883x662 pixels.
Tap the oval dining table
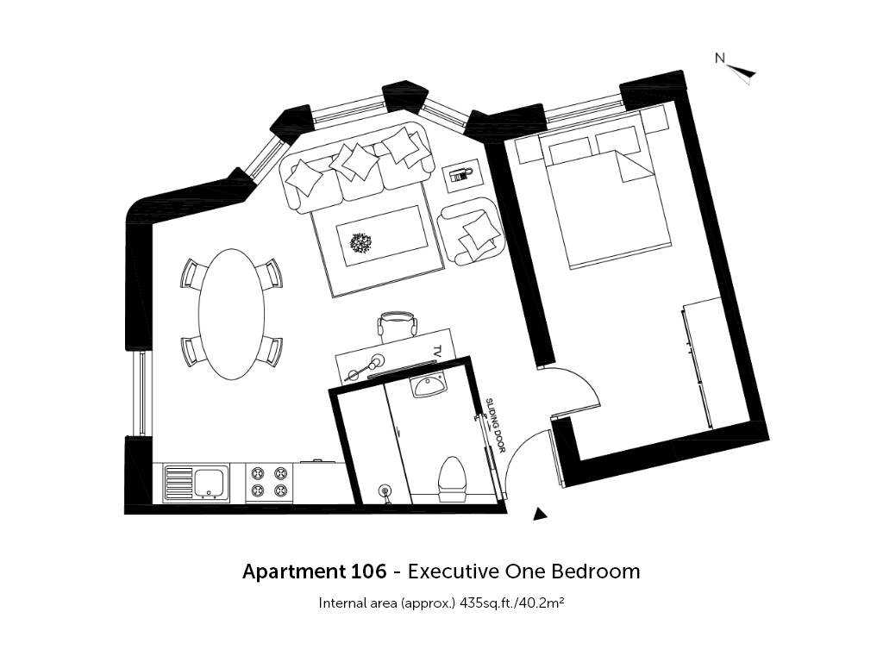[231, 314]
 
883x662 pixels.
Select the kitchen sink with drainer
[197, 484]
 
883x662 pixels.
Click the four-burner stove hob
[269, 483]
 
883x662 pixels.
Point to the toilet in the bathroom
[454, 479]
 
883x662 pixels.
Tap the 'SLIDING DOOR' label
[496, 425]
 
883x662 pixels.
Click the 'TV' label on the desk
[437, 350]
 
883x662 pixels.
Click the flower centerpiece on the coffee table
[360, 244]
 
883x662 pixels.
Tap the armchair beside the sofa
[470, 231]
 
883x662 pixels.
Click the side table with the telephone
[462, 175]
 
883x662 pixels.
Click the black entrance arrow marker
[540, 513]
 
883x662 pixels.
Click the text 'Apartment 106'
[315, 572]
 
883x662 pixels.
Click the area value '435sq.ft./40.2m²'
[512, 603]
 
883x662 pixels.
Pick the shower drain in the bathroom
[385, 491]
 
